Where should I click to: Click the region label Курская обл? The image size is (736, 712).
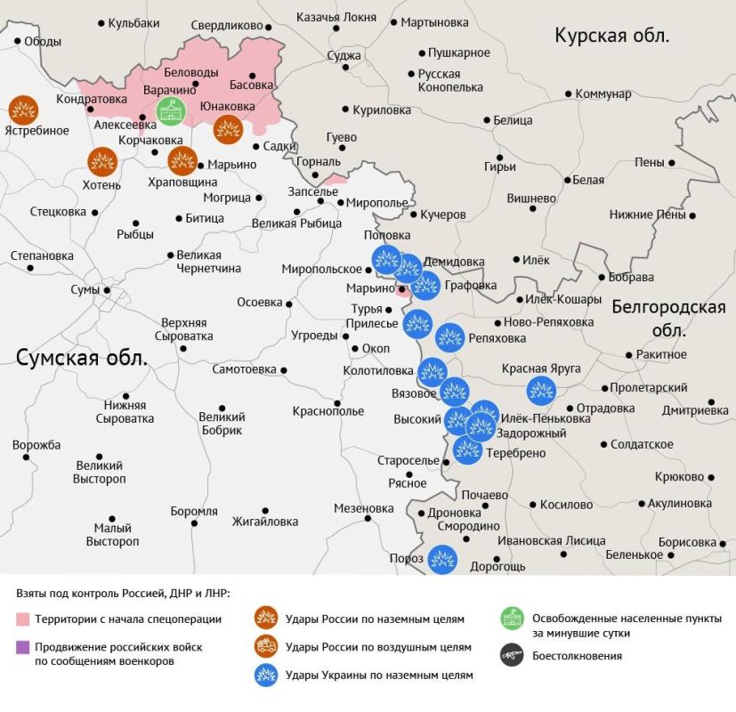coord(612,36)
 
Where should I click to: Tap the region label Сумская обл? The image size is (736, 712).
coord(82,358)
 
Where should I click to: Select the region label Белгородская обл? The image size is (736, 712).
coord(668,318)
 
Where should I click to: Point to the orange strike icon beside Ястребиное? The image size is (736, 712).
coord(24,110)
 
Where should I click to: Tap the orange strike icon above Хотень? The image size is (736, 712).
coord(102,162)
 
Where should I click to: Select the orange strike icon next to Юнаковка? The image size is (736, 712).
coord(228,130)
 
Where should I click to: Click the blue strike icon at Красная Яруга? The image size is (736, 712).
coord(541,391)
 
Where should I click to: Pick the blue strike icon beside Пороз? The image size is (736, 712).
coord(442,559)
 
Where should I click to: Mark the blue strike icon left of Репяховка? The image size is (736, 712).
coord(449,338)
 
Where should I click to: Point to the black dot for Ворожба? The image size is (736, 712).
coord(27,457)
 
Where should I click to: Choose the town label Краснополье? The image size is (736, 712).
coord(328,411)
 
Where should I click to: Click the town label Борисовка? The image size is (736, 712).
coord(686,542)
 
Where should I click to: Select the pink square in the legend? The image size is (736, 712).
coord(23,619)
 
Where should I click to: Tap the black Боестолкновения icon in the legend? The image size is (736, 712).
coord(511,656)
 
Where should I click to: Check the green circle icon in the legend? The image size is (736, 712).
coord(511,619)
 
